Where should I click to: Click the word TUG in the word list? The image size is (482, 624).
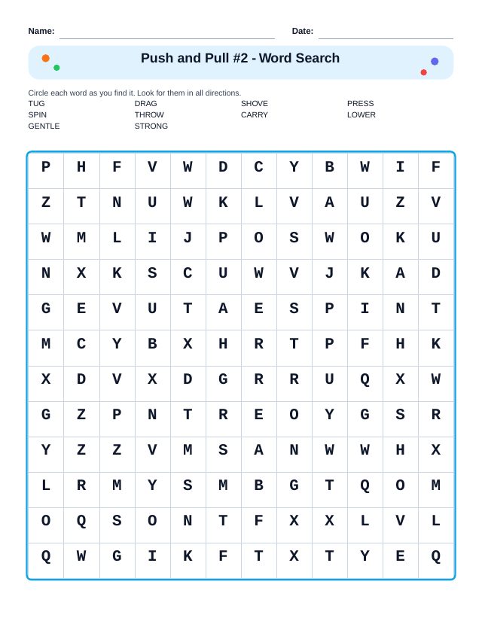click(x=36, y=104)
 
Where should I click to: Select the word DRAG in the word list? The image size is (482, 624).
click(x=145, y=104)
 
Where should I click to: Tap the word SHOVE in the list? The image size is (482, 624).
click(x=254, y=104)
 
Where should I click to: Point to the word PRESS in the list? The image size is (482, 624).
click(x=360, y=104)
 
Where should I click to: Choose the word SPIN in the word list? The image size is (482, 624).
click(x=37, y=115)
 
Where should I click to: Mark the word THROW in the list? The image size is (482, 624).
click(x=149, y=115)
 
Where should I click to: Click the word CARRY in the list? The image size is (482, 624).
click(x=254, y=115)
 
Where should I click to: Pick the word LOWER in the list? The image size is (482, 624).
click(x=361, y=115)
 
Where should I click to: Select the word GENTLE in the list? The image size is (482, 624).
click(x=44, y=126)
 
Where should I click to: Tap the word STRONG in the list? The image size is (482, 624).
click(x=151, y=126)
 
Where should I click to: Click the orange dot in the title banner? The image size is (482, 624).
click(x=46, y=58)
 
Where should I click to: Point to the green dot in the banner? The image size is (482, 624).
click(x=56, y=68)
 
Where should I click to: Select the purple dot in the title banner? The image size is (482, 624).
click(x=435, y=61)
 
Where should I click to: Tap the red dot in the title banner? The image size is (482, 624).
click(x=424, y=72)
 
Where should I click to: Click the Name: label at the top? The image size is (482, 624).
click(x=41, y=31)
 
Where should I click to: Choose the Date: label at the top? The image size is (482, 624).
click(x=302, y=31)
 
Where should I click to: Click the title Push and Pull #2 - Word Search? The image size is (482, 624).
click(x=240, y=58)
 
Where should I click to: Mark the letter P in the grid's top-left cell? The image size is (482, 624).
click(x=46, y=167)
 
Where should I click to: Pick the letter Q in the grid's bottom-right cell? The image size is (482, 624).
click(x=435, y=556)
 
